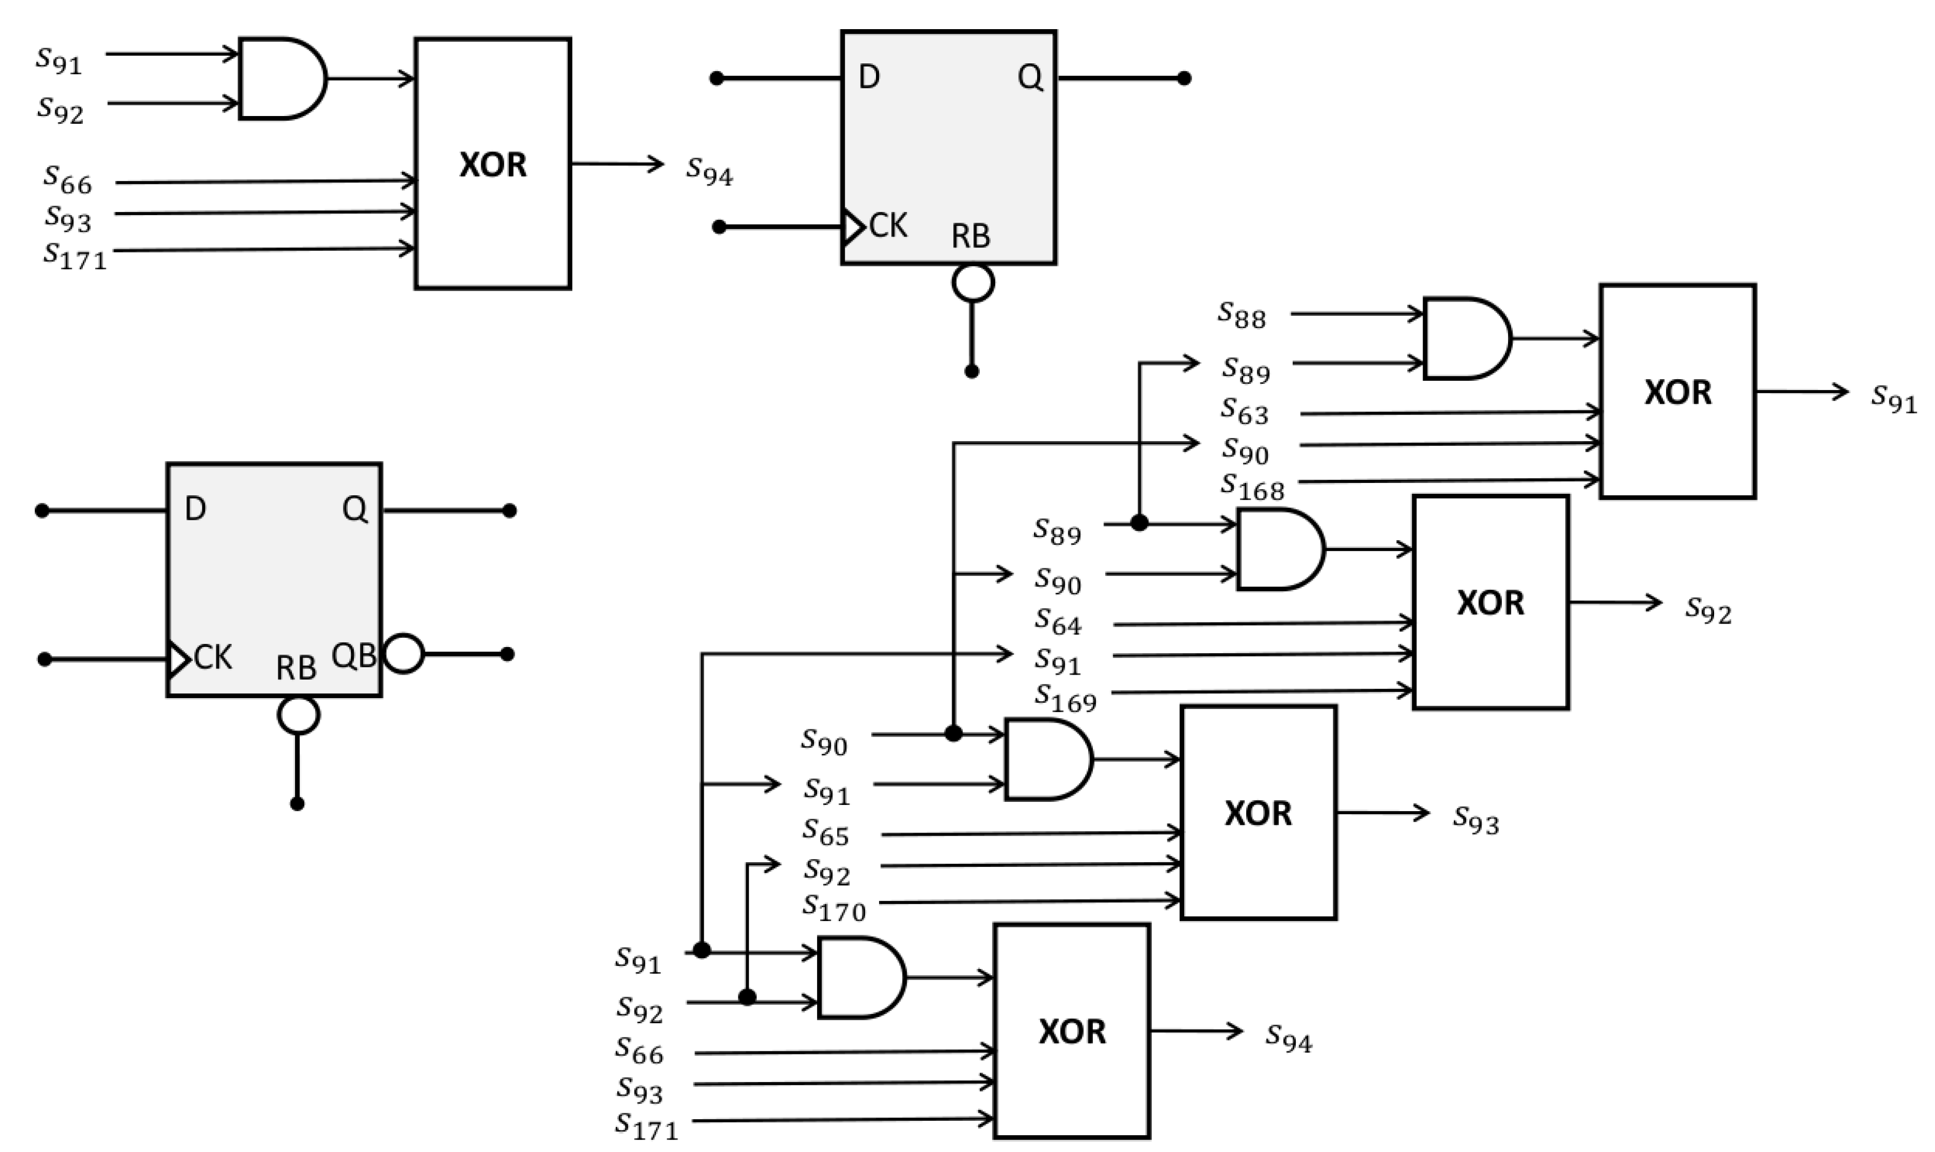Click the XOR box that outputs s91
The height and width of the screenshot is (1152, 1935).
pos(1677,391)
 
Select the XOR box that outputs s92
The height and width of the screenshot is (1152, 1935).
pos(1490,603)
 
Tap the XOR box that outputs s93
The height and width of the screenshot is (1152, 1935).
pos(1258,813)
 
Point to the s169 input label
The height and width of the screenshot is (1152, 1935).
pos(1065,697)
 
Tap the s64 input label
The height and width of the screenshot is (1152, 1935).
pos(1057,622)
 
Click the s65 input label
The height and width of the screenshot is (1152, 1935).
pos(825,832)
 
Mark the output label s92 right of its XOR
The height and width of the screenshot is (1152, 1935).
pos(1707,609)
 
